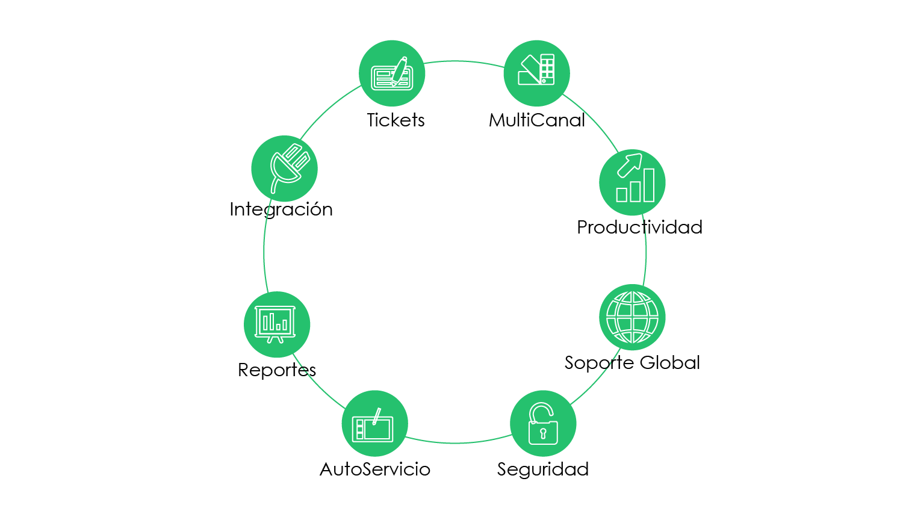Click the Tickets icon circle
coord(392,73)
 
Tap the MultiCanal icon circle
coord(536,73)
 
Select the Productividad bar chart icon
coord(633,182)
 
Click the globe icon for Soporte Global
coord(632,317)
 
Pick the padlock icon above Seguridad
coord(543,424)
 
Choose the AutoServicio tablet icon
coord(374,424)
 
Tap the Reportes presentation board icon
coord(277,324)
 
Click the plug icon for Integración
coord(285,169)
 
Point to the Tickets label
coord(396,120)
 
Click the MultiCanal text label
coord(537,120)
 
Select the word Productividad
coord(639,228)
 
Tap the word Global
coord(669,362)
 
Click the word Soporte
coord(598,363)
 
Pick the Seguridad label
coord(543,469)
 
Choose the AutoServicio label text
coord(375,469)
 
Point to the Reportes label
coord(277,370)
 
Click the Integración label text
coord(281,209)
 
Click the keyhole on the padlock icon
coord(543,433)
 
